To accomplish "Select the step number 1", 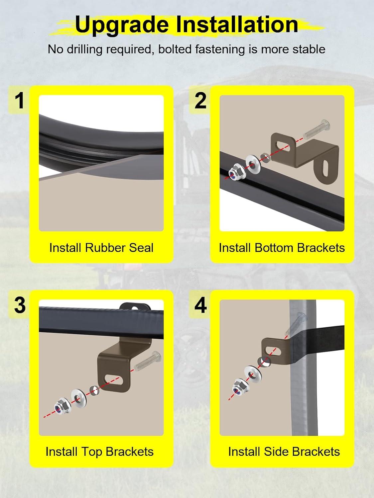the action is (x=20, y=101).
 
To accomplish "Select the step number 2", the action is (x=200, y=101).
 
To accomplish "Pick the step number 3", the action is (x=20, y=305).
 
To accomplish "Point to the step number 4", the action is (x=200, y=305).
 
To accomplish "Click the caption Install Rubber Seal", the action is (x=101, y=248).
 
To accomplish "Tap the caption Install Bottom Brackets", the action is (x=282, y=248).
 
